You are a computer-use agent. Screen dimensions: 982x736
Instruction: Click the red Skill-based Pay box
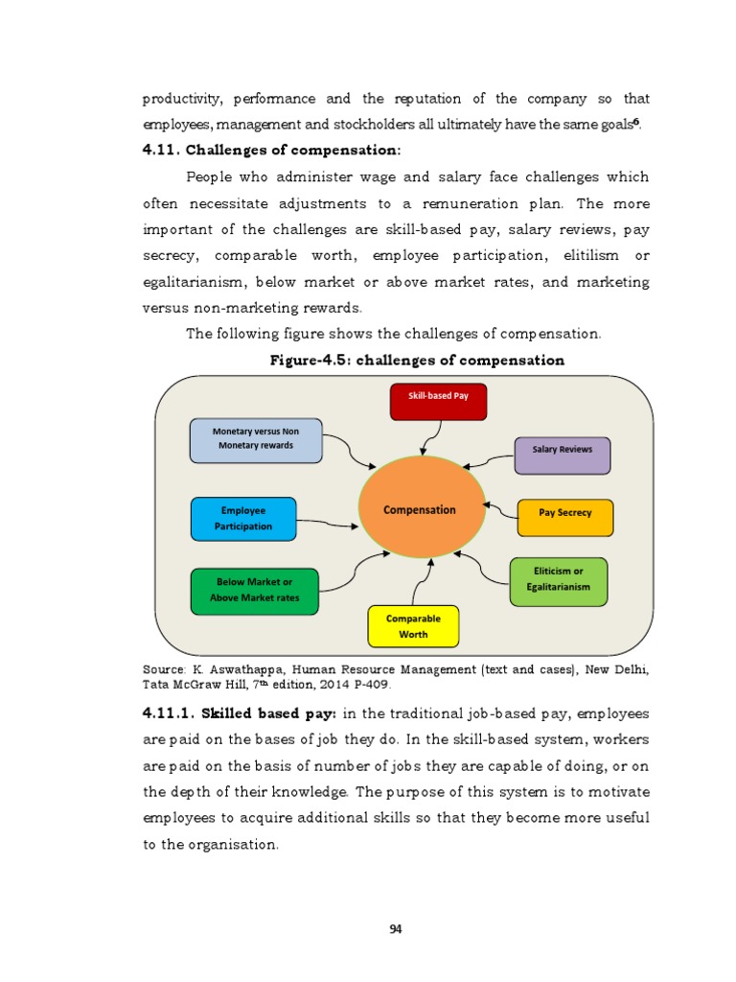pos(438,401)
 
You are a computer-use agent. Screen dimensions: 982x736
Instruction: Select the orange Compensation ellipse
pos(421,509)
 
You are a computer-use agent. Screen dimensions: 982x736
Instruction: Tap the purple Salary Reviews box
pos(562,456)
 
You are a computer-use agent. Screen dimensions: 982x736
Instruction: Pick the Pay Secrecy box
pos(564,517)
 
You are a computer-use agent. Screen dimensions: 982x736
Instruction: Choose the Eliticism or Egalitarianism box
pos(558,580)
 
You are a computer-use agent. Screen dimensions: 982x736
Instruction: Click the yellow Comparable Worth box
pos(413,626)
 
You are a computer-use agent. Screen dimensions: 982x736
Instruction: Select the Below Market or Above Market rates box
pos(255,590)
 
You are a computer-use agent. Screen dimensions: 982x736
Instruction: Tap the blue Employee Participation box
pos(243,518)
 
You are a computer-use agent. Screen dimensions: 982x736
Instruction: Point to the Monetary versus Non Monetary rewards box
pos(256,439)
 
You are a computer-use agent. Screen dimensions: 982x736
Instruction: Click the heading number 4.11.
pos(160,151)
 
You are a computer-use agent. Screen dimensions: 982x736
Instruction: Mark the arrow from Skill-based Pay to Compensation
pos(425,436)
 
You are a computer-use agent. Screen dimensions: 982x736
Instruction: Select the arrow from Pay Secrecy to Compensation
pos(500,506)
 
